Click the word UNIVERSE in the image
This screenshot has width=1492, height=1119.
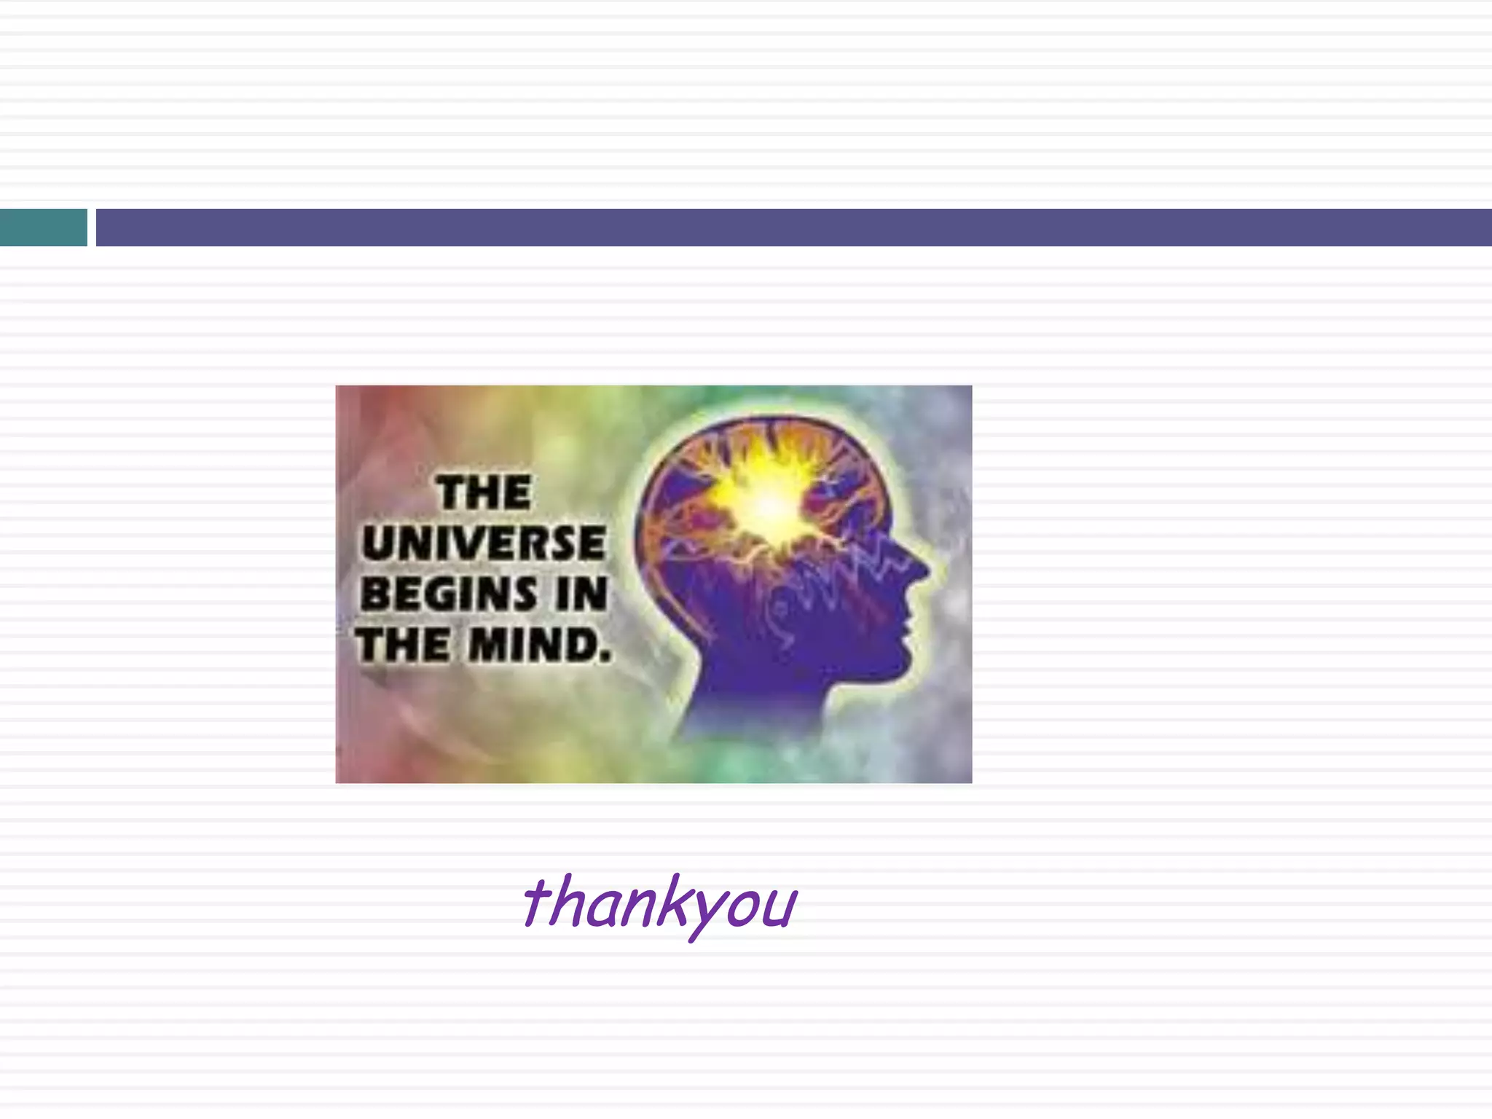point(484,543)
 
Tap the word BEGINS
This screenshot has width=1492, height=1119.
point(447,594)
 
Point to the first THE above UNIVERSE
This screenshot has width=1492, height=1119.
point(484,492)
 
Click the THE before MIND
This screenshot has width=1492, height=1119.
point(403,645)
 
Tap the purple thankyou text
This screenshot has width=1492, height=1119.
point(659,903)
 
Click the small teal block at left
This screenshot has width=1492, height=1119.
point(43,227)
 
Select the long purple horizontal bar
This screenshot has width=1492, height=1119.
point(793,227)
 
